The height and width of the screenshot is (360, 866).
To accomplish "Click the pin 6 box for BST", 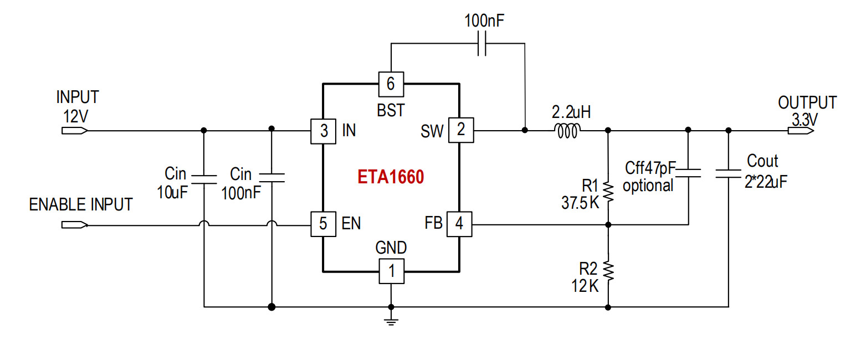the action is point(391,84).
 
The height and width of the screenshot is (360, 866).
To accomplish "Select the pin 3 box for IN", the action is point(323,131).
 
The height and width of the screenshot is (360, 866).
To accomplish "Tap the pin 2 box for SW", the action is point(461,130).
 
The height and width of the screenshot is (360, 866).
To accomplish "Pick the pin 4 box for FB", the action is point(459,224).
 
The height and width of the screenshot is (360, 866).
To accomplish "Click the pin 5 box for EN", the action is point(323,224).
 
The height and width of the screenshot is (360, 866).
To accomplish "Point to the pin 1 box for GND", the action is point(391,271).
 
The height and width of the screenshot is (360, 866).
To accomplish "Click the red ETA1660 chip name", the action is point(391,177).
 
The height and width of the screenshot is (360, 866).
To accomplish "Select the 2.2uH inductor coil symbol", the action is point(567,131).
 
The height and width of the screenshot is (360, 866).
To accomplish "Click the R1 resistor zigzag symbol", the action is point(608,192).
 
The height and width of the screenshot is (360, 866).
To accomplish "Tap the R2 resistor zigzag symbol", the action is point(608,271).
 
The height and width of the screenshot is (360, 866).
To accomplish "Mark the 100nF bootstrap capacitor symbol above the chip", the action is point(481,43).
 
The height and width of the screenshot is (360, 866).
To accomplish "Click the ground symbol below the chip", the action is point(391,322).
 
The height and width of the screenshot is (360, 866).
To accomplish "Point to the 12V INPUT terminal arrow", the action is point(75,131).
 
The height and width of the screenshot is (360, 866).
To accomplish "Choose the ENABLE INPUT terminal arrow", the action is point(75,225).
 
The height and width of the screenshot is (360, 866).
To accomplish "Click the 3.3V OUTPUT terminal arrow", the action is point(801,131).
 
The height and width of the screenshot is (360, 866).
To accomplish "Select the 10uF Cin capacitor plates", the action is point(204,179).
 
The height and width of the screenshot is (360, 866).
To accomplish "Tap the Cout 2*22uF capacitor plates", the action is point(729,174).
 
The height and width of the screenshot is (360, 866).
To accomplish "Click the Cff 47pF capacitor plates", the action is point(689,173).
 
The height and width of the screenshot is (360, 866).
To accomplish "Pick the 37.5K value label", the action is point(580,203).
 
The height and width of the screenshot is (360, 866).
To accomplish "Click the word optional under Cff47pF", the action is point(648,186).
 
